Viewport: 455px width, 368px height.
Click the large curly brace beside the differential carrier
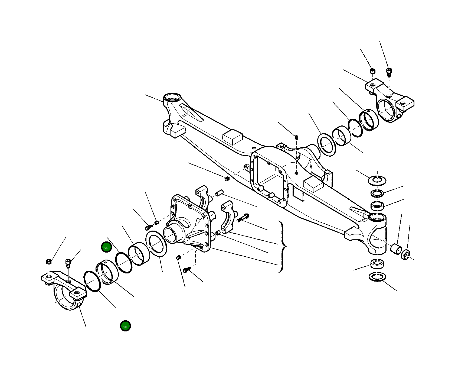(x=282, y=247)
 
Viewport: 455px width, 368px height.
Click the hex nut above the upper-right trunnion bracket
(x=373, y=71)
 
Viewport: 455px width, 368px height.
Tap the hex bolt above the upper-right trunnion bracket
(x=389, y=72)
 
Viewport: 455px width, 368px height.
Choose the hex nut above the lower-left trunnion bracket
(x=48, y=262)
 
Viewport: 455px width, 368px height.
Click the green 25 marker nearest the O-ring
(x=106, y=247)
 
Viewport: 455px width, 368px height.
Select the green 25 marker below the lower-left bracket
(x=125, y=326)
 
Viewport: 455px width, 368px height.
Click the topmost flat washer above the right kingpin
(x=377, y=180)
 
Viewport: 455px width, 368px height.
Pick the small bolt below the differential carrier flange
(x=186, y=270)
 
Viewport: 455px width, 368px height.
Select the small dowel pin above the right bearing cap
(x=219, y=193)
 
